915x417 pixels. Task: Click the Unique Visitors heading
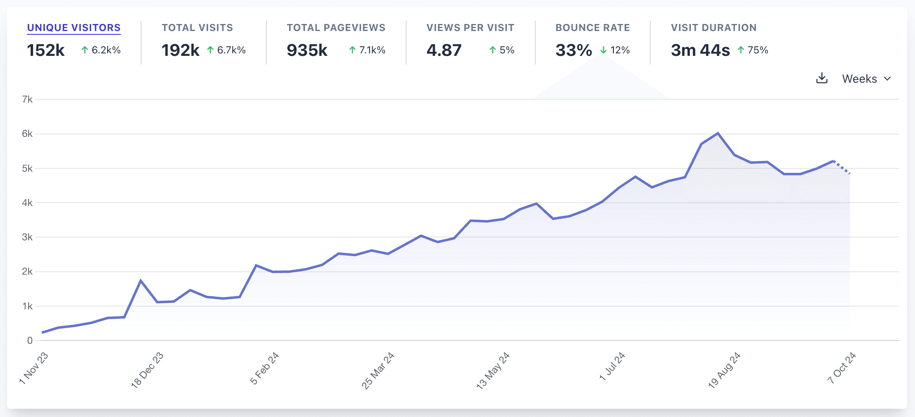pos(74,28)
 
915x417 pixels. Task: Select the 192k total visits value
pos(180,50)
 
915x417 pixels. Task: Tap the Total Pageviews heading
pos(336,28)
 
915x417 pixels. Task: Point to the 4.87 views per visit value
pos(444,50)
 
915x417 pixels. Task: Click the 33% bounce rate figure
pos(573,50)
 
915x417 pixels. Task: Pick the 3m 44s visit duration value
pos(700,50)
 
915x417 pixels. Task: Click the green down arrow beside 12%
pos(604,50)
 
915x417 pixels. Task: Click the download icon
pos(822,78)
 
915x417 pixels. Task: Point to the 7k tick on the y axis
pos(27,99)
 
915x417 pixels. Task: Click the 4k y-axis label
pos(27,203)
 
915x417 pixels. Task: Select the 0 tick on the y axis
pos(30,340)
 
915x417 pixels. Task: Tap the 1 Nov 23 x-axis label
pos(34,368)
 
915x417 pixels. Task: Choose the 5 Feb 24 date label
pos(265,368)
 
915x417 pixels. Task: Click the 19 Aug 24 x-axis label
pos(724,370)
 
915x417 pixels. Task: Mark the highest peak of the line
pos(718,133)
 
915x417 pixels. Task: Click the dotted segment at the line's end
pos(841,167)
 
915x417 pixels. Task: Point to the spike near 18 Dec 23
pos(141,280)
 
